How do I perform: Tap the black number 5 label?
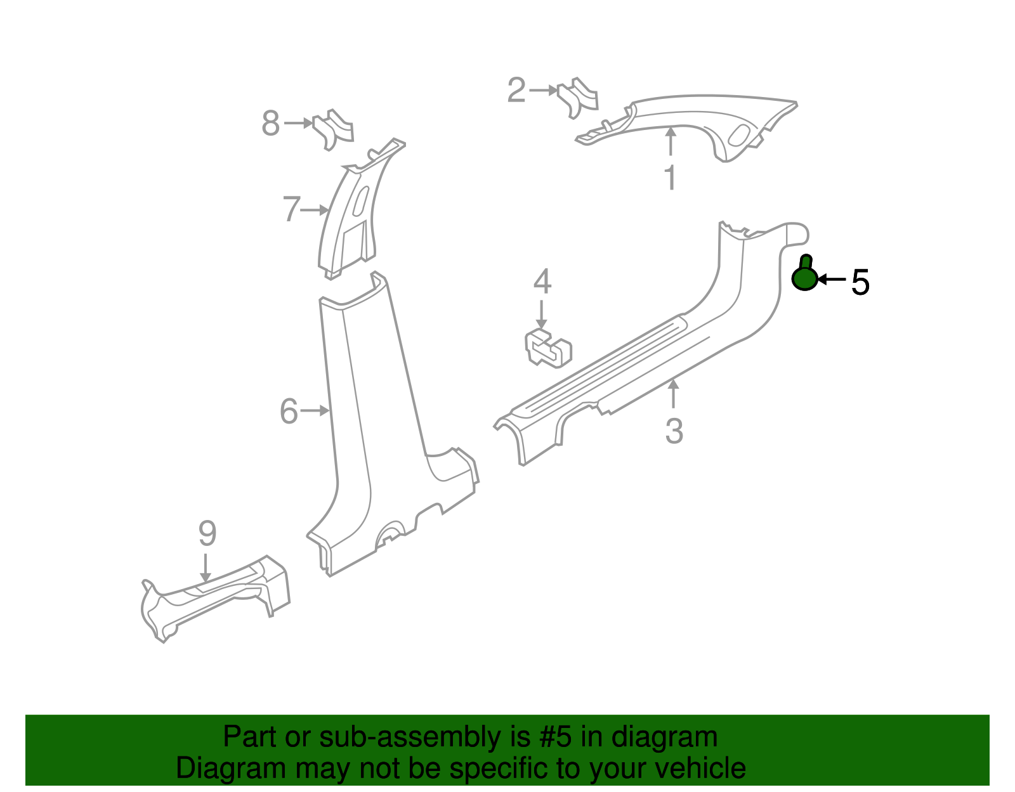coord(860,282)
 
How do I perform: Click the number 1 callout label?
coord(671,178)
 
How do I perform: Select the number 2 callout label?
coord(516,91)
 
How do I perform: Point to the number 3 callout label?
coord(674,431)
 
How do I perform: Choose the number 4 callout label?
coord(542,282)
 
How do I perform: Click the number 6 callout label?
coord(289,412)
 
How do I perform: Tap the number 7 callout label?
coord(291,209)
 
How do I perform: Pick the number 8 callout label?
coord(270,124)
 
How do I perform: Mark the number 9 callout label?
coord(207,534)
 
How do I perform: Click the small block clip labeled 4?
coord(548,348)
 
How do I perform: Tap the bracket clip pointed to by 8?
coord(332,129)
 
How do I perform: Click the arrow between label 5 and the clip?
coord(832,279)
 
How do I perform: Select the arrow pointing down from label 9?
coord(205,567)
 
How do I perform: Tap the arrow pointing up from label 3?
coord(673,393)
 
